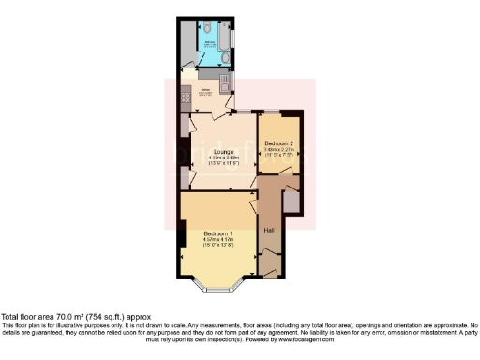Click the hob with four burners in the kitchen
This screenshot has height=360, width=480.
(x=186, y=94)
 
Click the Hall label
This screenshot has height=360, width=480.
(x=269, y=230)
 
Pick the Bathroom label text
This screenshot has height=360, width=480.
(x=212, y=42)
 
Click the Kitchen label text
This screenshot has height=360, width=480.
(x=205, y=91)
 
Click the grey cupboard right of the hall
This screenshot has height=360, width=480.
(x=292, y=200)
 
